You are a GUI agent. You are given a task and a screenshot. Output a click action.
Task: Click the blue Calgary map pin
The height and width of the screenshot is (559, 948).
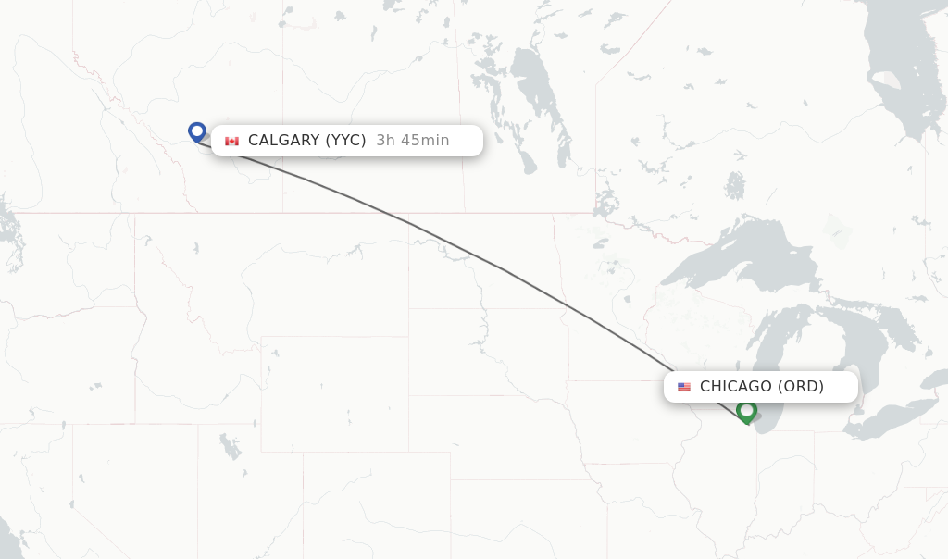tap(196, 131)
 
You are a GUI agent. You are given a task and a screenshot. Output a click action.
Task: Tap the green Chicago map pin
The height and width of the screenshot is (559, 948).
tap(746, 410)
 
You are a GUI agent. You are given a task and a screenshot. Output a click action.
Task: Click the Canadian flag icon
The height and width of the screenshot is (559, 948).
tap(231, 141)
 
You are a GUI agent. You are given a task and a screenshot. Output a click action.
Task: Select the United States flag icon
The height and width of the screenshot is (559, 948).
tap(684, 387)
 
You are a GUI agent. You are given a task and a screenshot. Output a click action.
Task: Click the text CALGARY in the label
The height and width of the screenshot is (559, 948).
tap(282, 141)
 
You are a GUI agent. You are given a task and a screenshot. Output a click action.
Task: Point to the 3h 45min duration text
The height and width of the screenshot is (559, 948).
tap(413, 141)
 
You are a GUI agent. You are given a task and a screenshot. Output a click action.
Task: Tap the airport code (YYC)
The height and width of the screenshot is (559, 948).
tap(345, 141)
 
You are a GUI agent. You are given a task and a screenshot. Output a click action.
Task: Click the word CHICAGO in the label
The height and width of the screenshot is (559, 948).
tap(735, 387)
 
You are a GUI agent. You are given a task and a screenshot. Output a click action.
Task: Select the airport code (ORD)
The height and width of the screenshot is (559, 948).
tap(800, 387)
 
